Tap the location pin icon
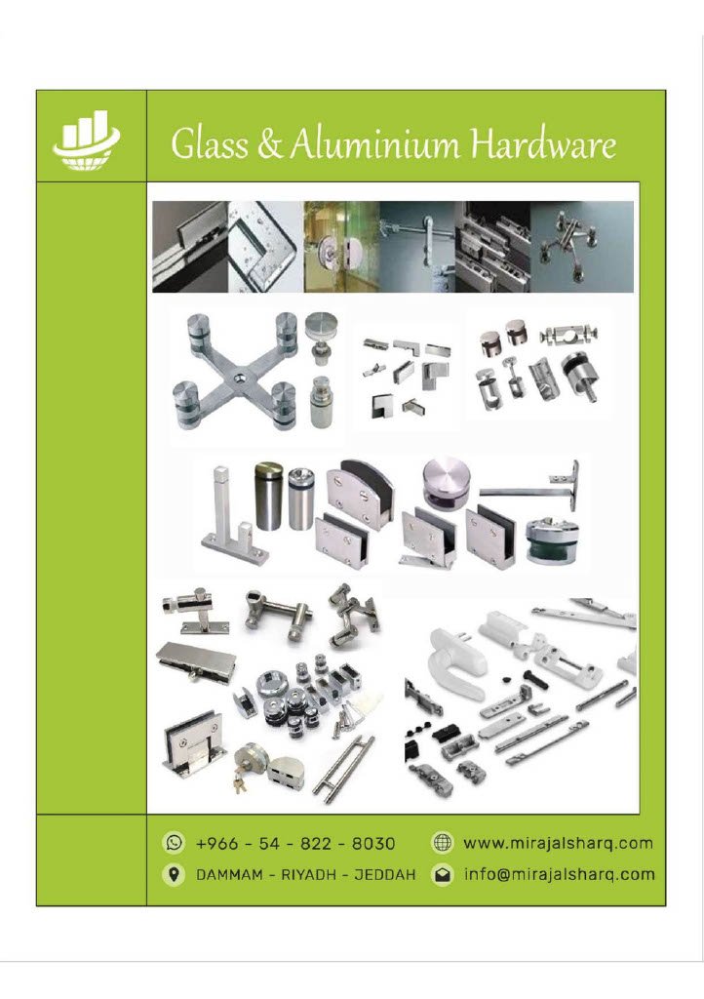pos(174,873)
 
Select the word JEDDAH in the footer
pos(385,874)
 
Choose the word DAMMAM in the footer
pos(229,874)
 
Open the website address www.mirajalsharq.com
pos(559,843)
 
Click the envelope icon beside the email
pos(441,874)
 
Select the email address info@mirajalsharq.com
pos(560,873)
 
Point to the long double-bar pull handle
pos(342,769)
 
